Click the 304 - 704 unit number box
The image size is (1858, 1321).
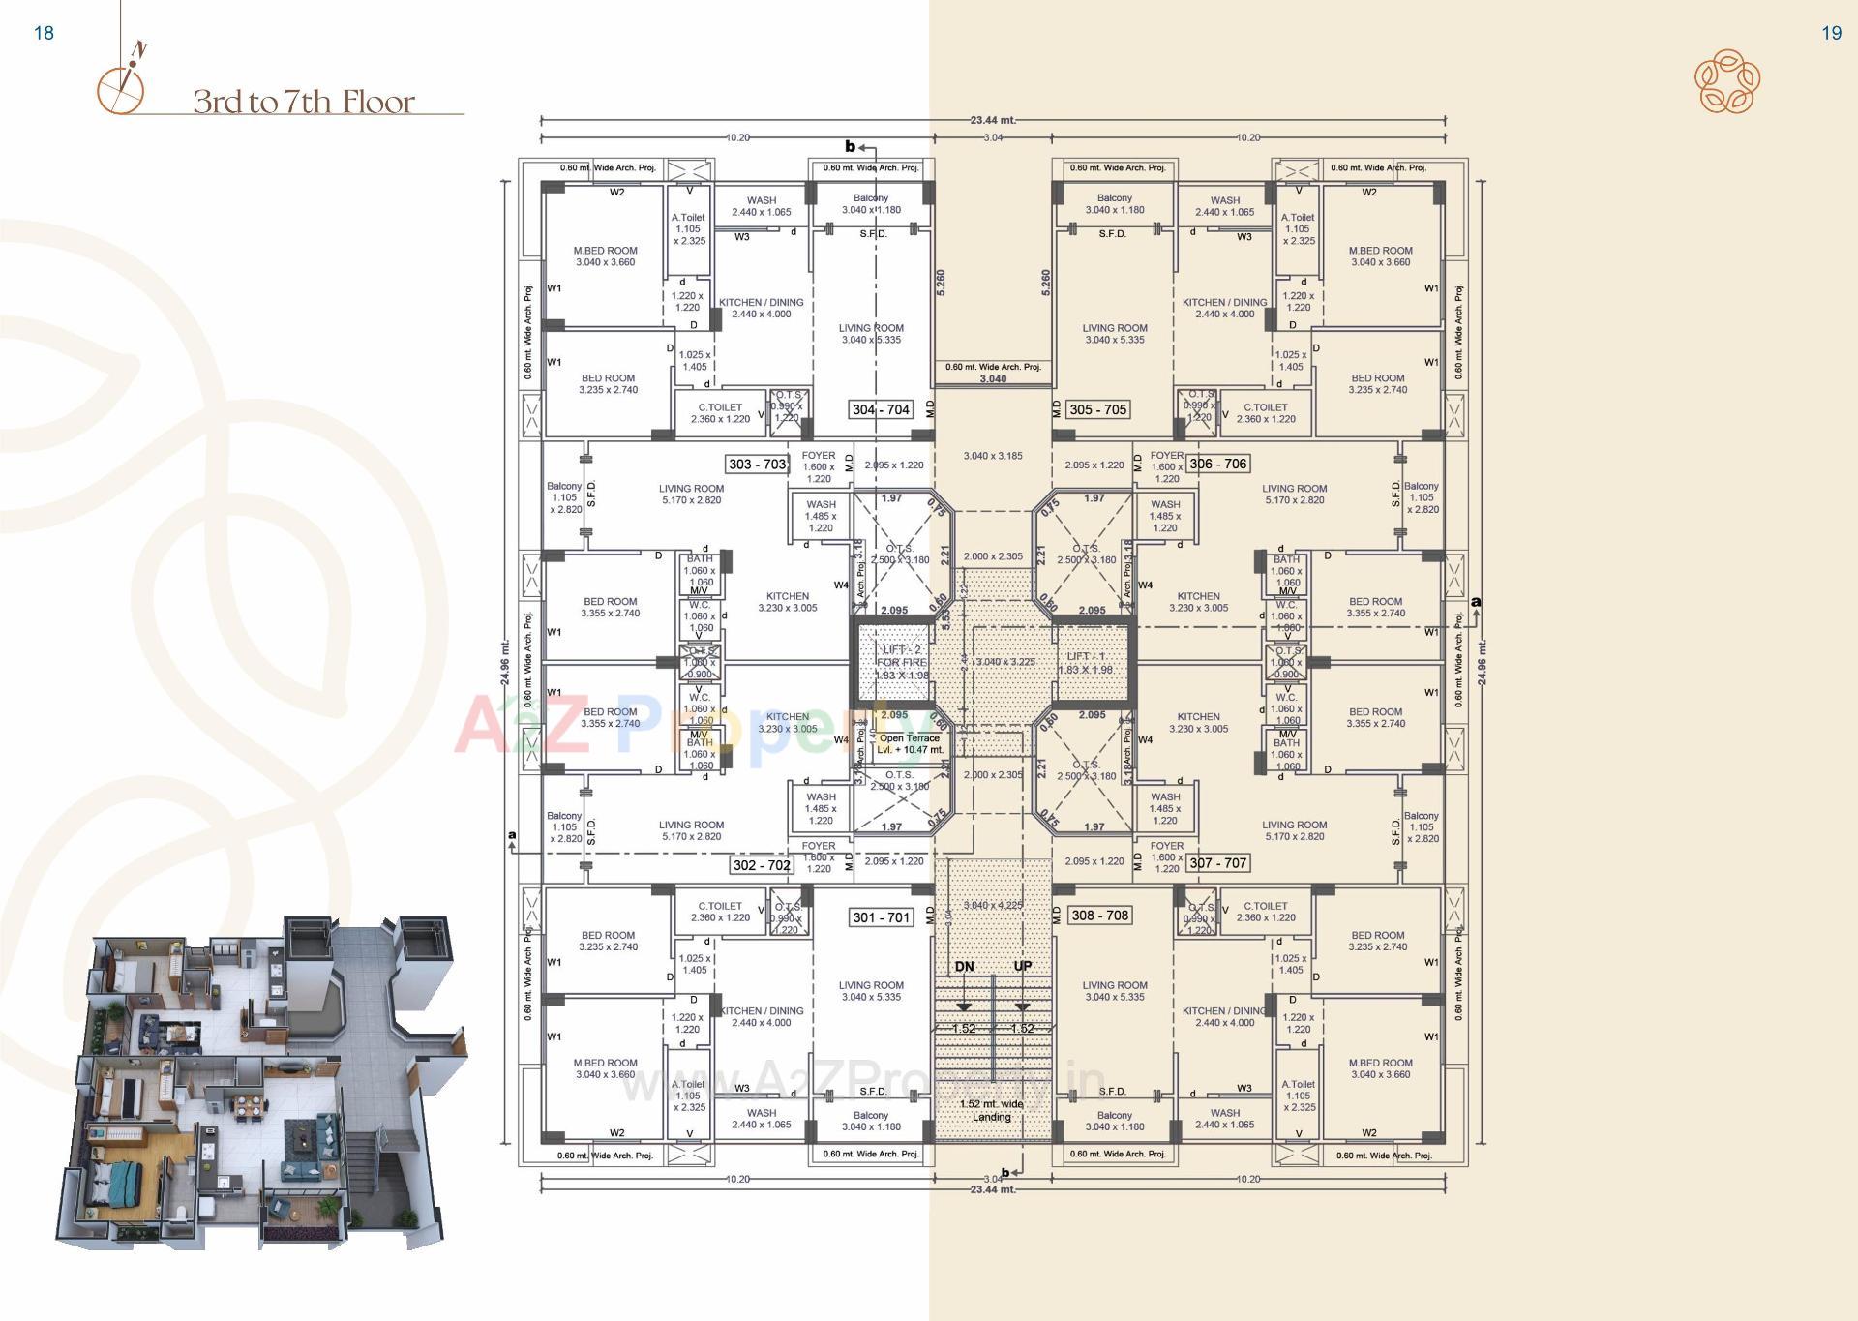click(x=881, y=409)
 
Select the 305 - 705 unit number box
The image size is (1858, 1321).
click(x=1097, y=409)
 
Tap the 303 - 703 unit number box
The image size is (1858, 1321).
click(x=757, y=464)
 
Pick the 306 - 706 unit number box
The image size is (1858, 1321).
click(x=1217, y=464)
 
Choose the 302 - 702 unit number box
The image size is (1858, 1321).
click(x=762, y=865)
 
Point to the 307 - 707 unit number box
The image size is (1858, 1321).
click(x=1217, y=862)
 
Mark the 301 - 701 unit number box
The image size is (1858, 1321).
click(x=881, y=916)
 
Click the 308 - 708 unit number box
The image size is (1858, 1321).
click(x=1099, y=915)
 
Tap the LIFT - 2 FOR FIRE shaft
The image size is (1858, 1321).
click(x=902, y=663)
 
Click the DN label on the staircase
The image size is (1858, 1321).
click(x=964, y=966)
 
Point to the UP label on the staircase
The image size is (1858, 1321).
click(x=1022, y=966)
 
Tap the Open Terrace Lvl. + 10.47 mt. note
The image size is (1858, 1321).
click(x=909, y=743)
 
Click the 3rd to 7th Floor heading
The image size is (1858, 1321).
click(x=304, y=102)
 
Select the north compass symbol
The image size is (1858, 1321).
click(x=122, y=82)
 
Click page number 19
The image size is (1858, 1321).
click(x=1831, y=33)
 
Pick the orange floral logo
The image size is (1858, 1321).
click(x=1726, y=81)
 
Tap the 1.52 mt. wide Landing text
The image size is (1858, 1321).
click(x=991, y=1110)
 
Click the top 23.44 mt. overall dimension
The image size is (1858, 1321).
click(x=993, y=120)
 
